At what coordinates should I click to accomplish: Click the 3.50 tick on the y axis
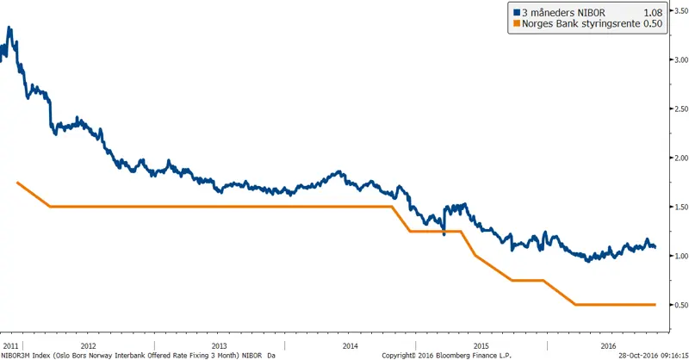click(x=680, y=11)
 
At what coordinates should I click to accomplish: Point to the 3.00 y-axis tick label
click(x=680, y=60)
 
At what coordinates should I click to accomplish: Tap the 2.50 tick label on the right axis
click(x=680, y=109)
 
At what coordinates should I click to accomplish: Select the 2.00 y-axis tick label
click(x=680, y=158)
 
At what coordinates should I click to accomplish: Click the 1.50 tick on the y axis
click(x=680, y=208)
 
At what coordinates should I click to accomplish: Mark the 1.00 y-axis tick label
click(x=680, y=257)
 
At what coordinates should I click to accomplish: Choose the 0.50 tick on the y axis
click(x=680, y=305)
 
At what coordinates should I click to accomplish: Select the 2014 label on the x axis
click(x=351, y=344)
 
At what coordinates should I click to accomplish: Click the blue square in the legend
click(x=515, y=14)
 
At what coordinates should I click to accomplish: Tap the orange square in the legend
click(x=515, y=25)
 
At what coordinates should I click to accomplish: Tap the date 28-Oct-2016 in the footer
click(x=637, y=354)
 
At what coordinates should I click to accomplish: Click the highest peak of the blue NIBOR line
click(x=9, y=28)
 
